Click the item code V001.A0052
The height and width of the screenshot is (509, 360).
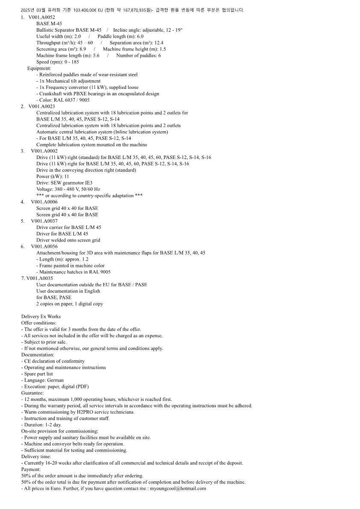(41, 17)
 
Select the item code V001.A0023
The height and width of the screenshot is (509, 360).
(41, 106)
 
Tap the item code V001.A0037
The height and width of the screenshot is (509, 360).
(44, 221)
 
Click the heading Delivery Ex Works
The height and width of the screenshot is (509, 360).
(41, 316)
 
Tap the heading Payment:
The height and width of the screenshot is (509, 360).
(31, 469)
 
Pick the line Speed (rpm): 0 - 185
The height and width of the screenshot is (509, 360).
(58, 62)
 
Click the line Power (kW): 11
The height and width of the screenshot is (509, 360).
(53, 177)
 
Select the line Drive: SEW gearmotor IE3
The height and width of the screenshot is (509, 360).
(64, 182)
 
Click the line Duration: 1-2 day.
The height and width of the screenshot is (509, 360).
(41, 425)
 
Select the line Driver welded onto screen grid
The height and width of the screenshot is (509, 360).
(68, 240)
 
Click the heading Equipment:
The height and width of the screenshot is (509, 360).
(39, 68)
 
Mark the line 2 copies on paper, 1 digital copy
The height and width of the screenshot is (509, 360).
(70, 304)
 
